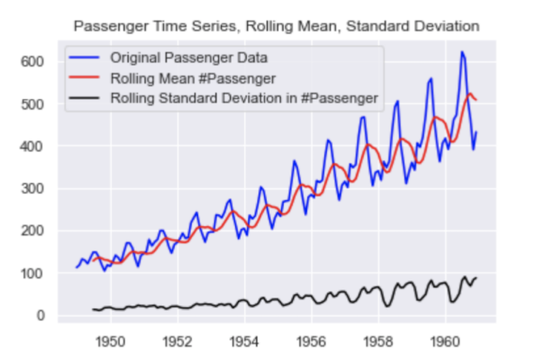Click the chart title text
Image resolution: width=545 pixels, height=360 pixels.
(x=276, y=26)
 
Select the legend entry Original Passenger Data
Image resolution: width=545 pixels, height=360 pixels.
(x=184, y=55)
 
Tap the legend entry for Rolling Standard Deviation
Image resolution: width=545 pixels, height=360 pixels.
(x=244, y=98)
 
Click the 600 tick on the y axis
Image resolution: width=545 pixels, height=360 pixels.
(x=34, y=61)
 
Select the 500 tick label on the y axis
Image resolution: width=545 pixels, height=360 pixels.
(x=34, y=104)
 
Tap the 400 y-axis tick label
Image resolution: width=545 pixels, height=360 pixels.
(x=34, y=146)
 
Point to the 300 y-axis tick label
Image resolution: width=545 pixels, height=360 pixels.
(x=34, y=188)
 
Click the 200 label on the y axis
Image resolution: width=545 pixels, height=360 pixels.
(x=34, y=231)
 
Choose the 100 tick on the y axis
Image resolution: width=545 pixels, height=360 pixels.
(x=34, y=273)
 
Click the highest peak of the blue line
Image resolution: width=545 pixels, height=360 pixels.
(x=462, y=52)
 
